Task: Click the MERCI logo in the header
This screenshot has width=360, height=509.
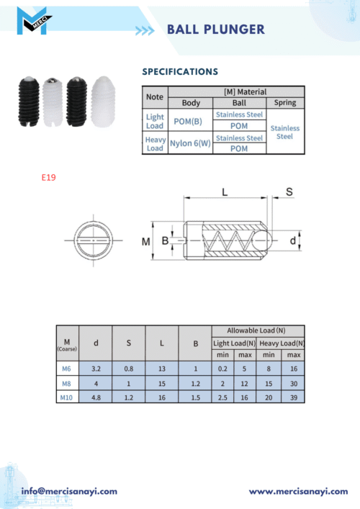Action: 33,21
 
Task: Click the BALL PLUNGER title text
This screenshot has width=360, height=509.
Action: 216,30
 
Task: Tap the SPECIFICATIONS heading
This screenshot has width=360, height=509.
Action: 180,72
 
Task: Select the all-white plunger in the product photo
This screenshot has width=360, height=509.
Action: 103,102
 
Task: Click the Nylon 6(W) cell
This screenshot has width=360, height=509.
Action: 190,143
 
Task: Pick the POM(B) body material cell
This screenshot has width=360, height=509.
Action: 188,122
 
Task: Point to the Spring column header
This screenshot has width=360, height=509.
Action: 285,102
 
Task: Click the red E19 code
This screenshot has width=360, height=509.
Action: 49,177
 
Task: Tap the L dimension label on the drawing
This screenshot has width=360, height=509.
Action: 225,192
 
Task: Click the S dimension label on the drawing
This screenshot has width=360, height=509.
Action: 289,192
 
